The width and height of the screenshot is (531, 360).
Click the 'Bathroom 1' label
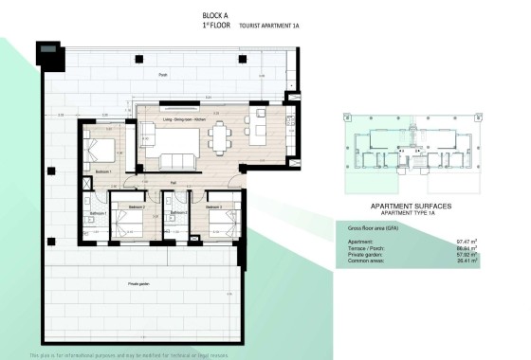pos(98,214)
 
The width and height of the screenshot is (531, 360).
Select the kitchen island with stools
pos(259,130)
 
